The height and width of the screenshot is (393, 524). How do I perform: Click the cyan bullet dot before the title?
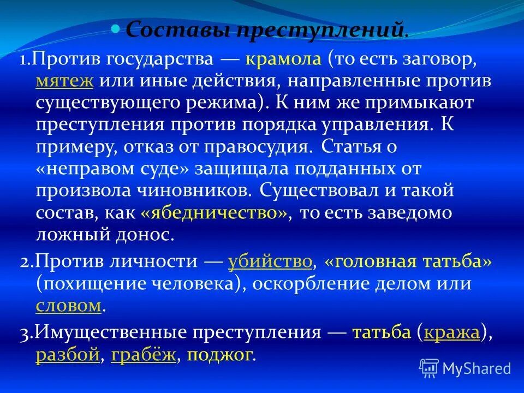click(x=115, y=28)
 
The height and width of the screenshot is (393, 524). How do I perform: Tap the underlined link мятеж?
click(x=64, y=81)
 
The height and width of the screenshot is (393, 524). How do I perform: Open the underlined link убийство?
click(x=270, y=263)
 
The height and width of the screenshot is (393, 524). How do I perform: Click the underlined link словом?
click(x=69, y=306)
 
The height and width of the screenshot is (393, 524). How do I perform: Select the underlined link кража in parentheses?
click(x=452, y=333)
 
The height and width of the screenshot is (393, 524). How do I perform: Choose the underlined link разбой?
click(x=68, y=355)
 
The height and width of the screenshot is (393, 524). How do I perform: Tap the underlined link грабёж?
click(x=144, y=355)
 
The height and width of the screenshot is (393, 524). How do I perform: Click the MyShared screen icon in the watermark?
click(x=430, y=368)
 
